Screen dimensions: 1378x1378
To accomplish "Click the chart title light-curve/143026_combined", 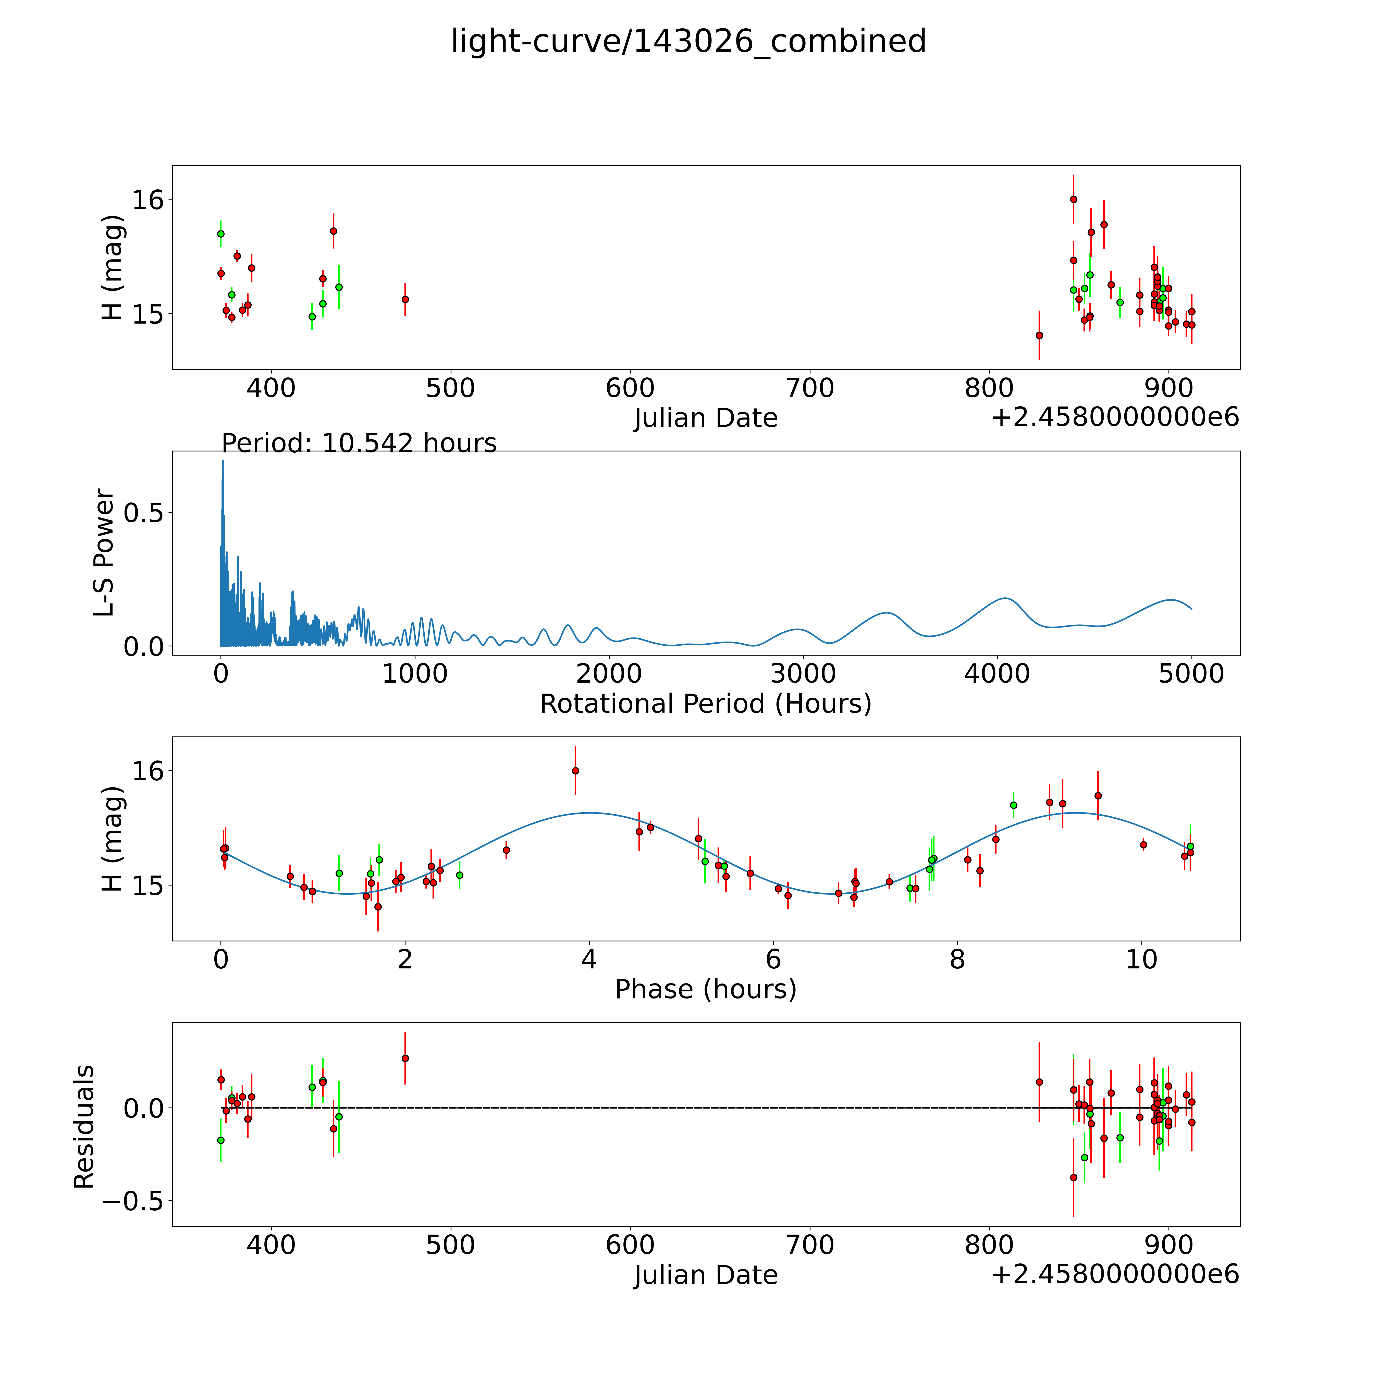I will tap(688, 41).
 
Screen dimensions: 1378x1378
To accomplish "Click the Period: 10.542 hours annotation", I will tap(359, 444).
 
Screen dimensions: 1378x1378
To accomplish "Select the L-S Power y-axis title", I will tap(104, 553).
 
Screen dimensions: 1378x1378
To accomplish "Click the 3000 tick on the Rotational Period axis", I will tap(803, 674).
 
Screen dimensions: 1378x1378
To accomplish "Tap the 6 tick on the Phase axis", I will tap(773, 959).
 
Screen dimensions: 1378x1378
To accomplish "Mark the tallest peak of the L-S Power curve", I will tap(223, 461).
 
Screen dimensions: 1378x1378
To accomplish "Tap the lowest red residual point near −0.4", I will tap(1074, 1178).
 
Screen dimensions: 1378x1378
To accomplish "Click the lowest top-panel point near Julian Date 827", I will tap(1039, 335).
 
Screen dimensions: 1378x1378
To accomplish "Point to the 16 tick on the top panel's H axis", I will tap(148, 200).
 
